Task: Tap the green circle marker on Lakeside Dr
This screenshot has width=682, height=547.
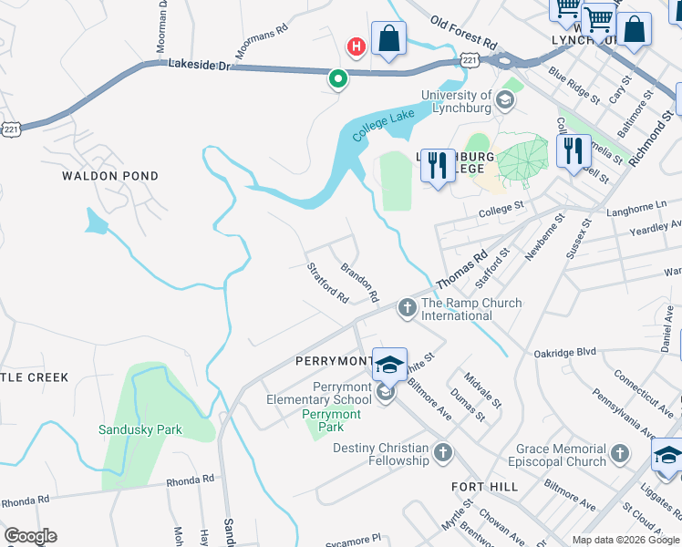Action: pos(338,79)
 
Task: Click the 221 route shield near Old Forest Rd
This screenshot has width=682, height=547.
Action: pos(470,60)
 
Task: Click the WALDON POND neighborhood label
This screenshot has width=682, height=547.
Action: pos(110,176)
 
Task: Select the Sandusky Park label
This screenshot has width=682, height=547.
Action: pos(140,429)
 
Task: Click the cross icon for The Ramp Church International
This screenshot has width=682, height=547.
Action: pos(407,310)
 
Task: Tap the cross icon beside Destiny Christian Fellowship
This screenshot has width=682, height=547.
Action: pos(443,453)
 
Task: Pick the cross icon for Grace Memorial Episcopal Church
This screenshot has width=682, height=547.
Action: pos(620,454)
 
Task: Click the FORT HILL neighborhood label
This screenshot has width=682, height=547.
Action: pos(485,487)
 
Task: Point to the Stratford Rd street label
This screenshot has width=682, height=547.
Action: pos(328,284)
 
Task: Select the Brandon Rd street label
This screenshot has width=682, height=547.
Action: pos(359,283)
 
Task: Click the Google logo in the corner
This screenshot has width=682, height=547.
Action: pos(30,536)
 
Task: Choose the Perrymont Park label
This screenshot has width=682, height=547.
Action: pos(332,420)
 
